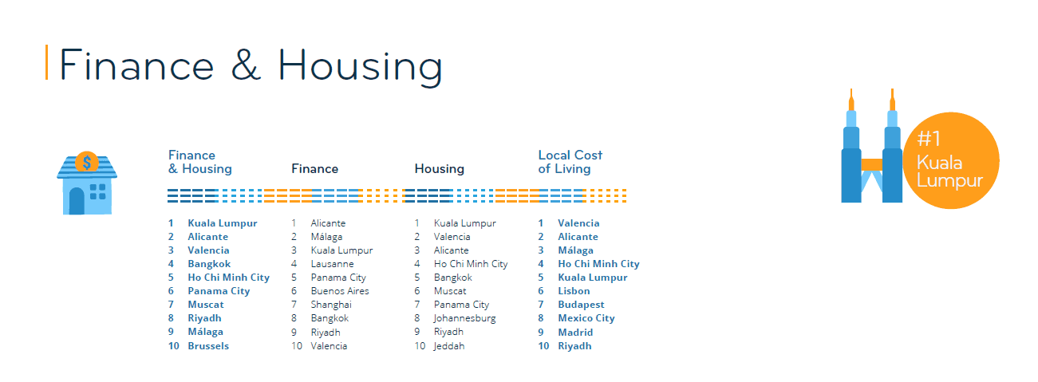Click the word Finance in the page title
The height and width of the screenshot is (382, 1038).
pos(136,65)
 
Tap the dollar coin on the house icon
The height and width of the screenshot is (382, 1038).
pos(86,163)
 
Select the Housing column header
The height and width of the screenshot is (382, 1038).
pos(439,169)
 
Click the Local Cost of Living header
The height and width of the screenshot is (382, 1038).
pos(570,162)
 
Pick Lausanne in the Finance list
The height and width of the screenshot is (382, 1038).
pos(332,264)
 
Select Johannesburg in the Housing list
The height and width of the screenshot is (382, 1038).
pos(464,318)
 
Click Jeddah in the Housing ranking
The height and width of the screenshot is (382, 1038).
pos(448,346)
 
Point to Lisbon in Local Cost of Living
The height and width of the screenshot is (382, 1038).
pos(574,291)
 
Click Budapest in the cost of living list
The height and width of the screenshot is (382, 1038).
pos(581,305)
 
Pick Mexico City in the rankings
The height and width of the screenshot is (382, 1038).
pos(586,318)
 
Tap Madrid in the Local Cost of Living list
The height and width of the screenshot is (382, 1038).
pos(575,332)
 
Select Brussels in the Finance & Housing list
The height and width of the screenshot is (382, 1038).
pos(208,346)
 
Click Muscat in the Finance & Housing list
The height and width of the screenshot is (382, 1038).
pos(206,305)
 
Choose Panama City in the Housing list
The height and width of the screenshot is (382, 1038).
pos(461,305)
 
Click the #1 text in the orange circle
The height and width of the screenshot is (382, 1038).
pos(929,139)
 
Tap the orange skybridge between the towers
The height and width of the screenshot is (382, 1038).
pos(871,165)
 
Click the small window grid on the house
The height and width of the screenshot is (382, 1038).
pos(98,191)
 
